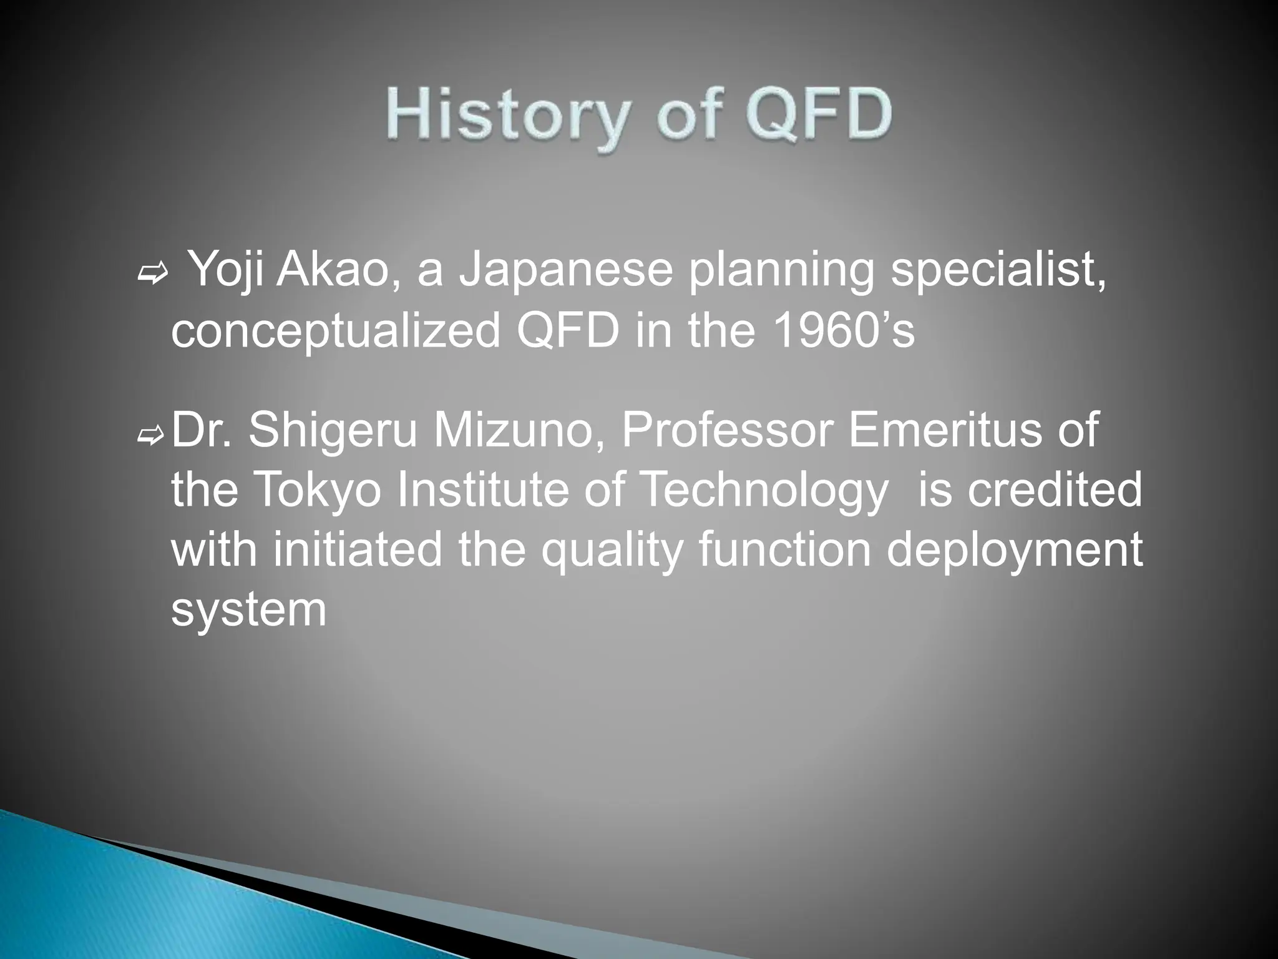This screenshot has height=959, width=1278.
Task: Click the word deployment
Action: click(x=1014, y=551)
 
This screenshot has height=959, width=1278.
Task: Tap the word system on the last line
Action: click(x=248, y=610)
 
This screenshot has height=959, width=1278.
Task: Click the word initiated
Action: click(x=357, y=550)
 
